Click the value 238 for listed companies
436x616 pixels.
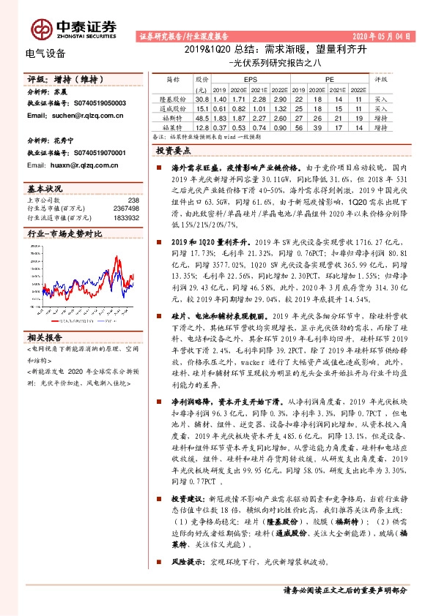tap(133, 200)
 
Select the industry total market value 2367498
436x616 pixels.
tap(127, 209)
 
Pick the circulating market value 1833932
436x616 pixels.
tap(127, 217)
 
